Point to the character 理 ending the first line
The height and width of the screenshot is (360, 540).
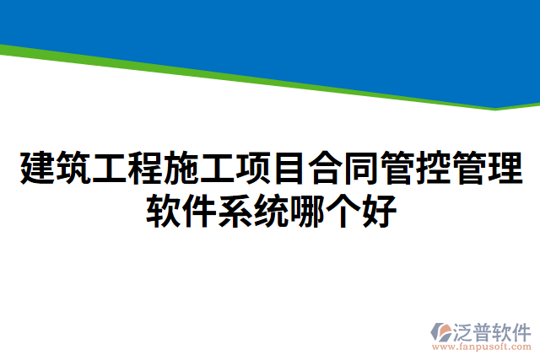pyautogui.click(x=503, y=169)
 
